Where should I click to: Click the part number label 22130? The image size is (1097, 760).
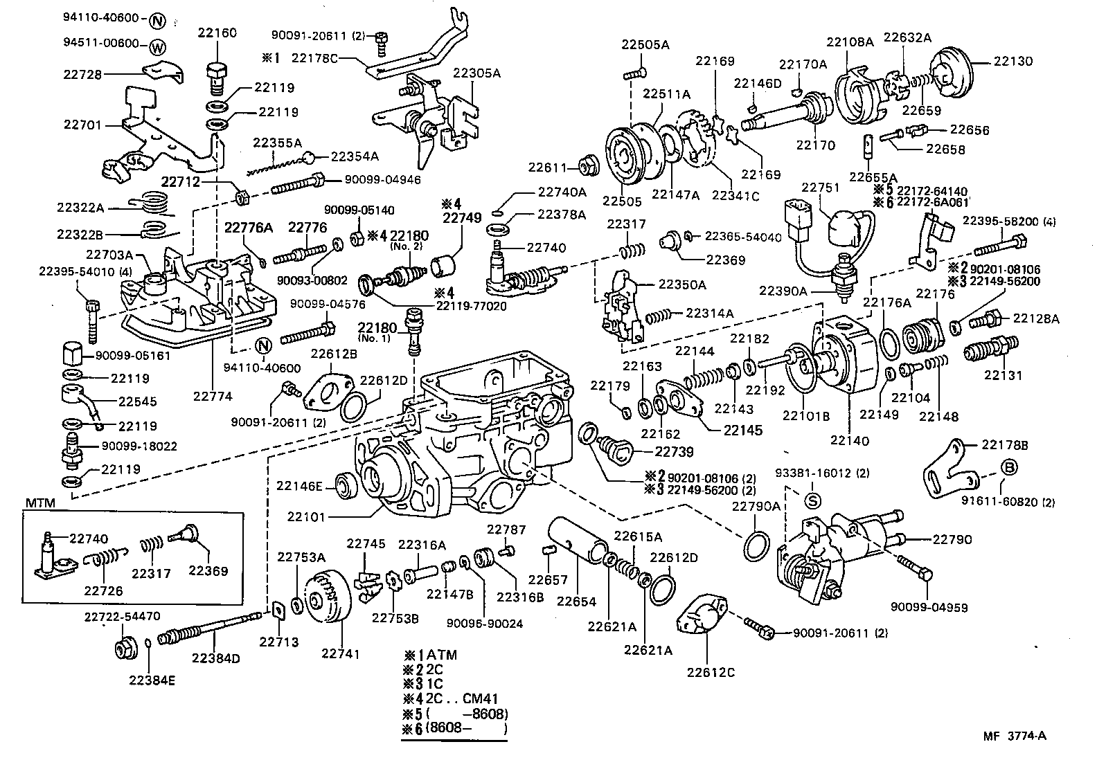[1013, 61]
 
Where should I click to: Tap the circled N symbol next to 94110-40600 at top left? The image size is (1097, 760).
[158, 20]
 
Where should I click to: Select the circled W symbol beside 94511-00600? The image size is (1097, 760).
[157, 47]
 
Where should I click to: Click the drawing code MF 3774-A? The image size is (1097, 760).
[1014, 736]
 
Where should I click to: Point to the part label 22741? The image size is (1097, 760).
[340, 653]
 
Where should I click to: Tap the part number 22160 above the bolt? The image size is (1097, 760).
[217, 33]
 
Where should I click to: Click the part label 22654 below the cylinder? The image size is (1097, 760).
[576, 601]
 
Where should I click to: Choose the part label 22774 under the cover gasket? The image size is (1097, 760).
[212, 397]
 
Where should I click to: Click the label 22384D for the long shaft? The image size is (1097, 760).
[215, 658]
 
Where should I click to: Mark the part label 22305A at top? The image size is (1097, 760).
[476, 72]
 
